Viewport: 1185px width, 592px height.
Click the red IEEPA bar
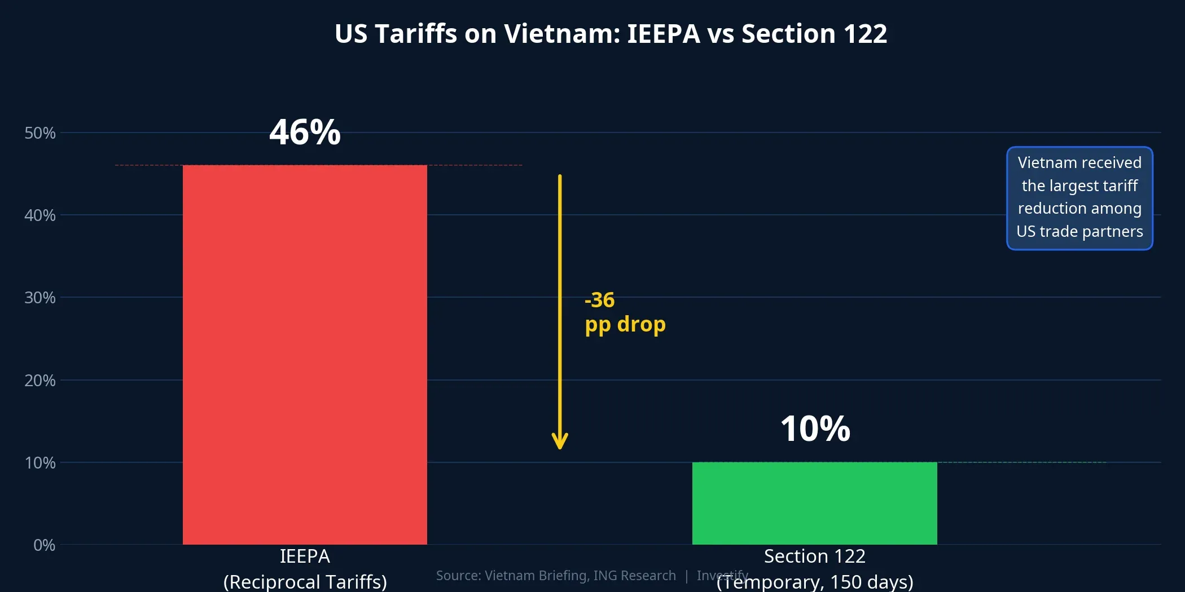[305, 355]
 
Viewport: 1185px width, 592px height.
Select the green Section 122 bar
[814, 503]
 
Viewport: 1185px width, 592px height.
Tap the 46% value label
[305, 132]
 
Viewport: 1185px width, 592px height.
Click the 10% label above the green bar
[815, 428]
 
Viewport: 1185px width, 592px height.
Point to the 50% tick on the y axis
[40, 133]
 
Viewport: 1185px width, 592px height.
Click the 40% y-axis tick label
[40, 215]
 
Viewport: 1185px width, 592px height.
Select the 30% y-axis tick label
[40, 298]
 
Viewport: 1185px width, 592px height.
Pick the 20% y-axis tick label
[40, 381]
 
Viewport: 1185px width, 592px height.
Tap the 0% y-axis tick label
[44, 545]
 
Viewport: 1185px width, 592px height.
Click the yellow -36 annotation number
[599, 300]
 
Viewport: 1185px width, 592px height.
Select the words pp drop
[625, 325]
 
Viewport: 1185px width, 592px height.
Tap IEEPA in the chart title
[664, 34]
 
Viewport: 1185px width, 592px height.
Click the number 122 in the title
[865, 34]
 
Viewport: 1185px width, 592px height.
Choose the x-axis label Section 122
[814, 556]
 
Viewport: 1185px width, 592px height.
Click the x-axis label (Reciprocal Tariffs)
[305, 581]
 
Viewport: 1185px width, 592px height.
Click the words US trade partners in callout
[1079, 232]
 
